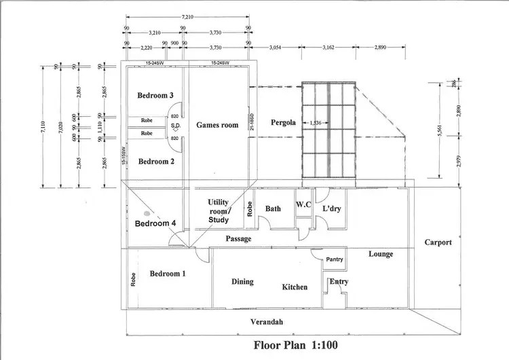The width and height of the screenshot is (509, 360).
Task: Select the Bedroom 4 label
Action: (x=155, y=223)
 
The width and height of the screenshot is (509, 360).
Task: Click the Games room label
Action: (x=217, y=125)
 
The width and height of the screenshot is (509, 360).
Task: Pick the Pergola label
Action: (x=282, y=123)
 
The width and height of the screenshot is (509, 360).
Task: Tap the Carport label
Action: (x=438, y=242)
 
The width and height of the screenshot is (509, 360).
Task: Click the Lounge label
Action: (x=381, y=254)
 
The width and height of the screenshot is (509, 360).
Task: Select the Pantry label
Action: (x=335, y=259)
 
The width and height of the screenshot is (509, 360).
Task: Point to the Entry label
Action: (x=339, y=281)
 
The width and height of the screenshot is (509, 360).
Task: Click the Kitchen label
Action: (x=295, y=287)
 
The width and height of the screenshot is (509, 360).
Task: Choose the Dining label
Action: (x=242, y=282)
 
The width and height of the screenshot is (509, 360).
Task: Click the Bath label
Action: (x=273, y=209)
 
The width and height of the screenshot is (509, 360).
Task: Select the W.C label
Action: (x=303, y=204)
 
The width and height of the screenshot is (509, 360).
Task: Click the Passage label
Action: (x=239, y=239)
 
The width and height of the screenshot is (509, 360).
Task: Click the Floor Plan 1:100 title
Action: (x=295, y=344)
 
